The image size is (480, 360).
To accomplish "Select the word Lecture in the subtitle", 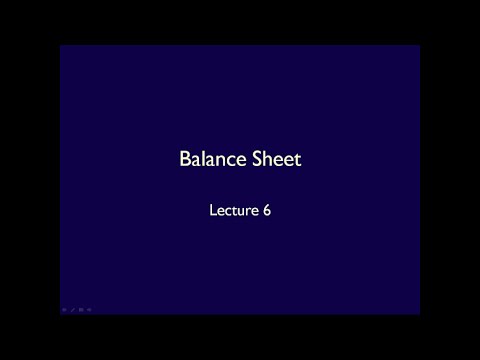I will click(x=231, y=212).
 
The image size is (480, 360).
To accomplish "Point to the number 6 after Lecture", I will click(x=267, y=212).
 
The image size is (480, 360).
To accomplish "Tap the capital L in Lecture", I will click(x=211, y=212).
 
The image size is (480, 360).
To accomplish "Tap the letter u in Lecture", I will click(x=238, y=213).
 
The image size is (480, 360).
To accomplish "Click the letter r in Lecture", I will click(x=245, y=213).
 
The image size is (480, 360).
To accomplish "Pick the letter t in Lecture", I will click(x=231, y=212).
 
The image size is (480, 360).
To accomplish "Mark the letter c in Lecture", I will click(x=225, y=213).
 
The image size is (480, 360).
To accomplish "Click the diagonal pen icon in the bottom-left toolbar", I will click(x=73, y=311).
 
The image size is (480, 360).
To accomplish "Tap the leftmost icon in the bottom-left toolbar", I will click(x=63, y=311).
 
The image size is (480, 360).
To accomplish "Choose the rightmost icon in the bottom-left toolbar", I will click(x=90, y=311).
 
